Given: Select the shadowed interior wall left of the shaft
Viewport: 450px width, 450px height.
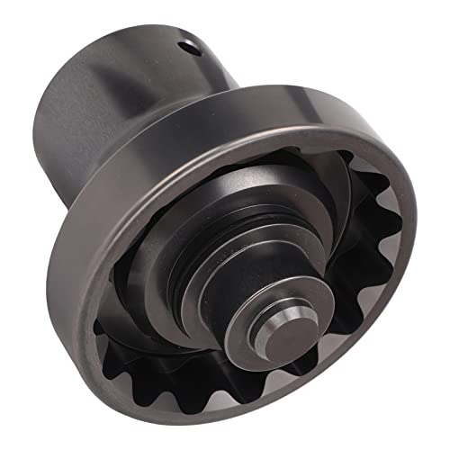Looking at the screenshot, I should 135,270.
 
